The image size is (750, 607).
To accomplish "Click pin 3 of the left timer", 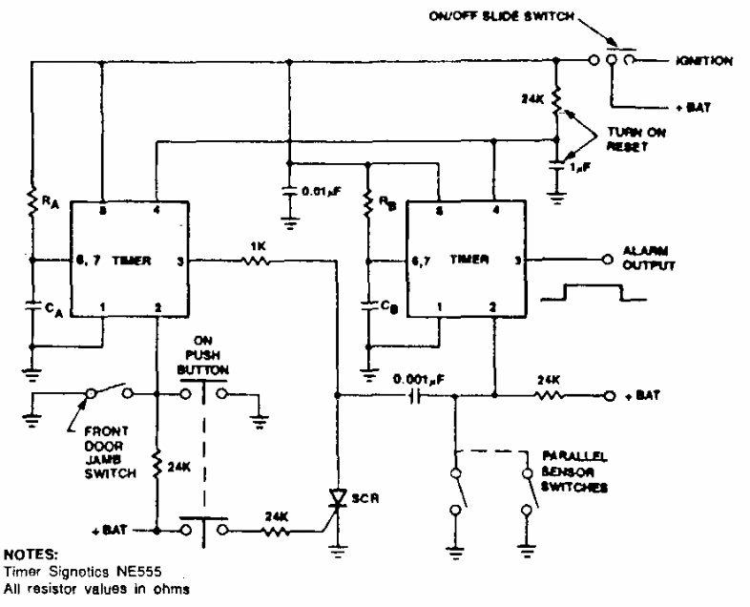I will tap(178, 260).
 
